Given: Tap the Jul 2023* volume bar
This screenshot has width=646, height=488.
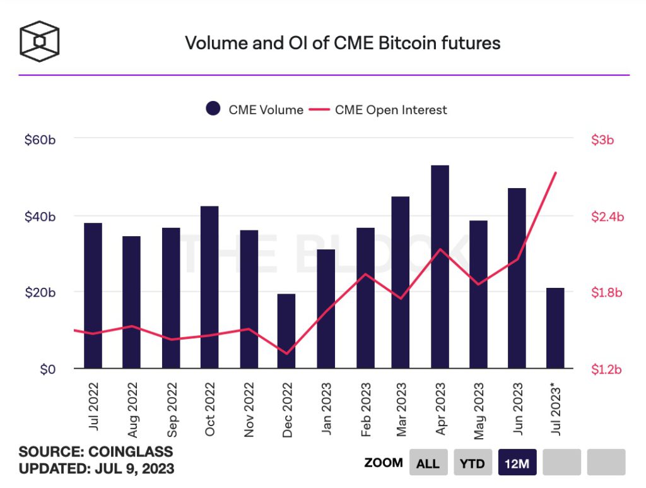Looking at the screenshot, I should tap(555, 328).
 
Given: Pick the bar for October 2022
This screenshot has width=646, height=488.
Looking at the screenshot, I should tap(209, 287).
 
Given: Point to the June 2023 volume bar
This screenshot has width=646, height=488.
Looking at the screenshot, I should tap(517, 278).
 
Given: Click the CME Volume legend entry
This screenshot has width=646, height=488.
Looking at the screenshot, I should tap(255, 110).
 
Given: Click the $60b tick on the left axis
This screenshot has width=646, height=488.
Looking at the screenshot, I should tap(40, 140).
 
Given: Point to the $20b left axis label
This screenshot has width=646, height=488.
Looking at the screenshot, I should tap(40, 292).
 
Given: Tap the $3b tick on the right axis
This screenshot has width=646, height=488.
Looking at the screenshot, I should tap(602, 140).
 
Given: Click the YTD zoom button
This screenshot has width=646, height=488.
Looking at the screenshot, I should tap(472, 463).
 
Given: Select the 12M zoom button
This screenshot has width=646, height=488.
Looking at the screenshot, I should tap(516, 463).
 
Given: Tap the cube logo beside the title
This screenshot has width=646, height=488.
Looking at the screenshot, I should tap(39, 42).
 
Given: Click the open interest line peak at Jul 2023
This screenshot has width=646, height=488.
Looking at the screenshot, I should tap(555, 172).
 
